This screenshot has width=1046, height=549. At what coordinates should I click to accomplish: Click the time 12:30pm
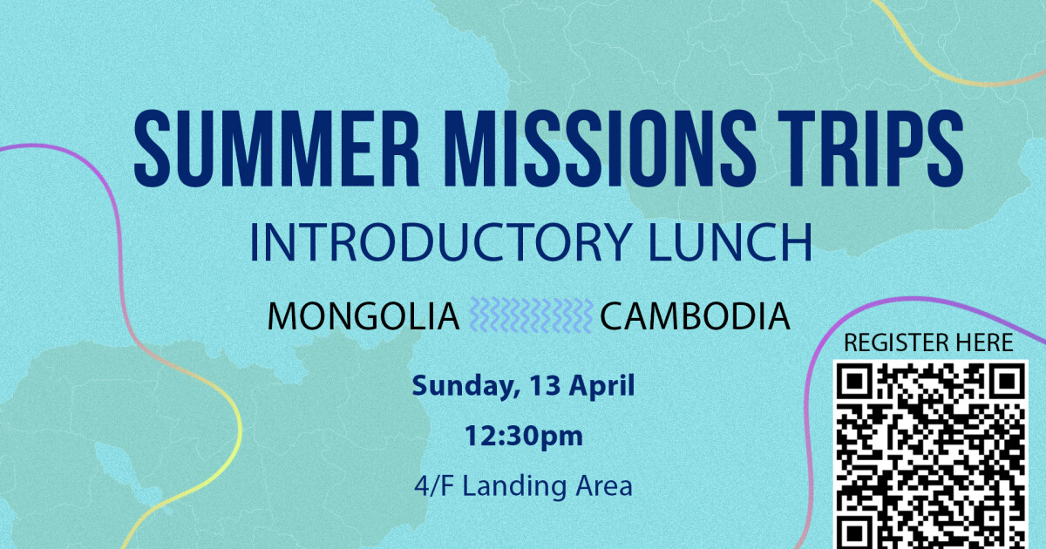[523, 436]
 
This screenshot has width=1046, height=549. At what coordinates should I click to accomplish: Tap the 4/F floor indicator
[434, 486]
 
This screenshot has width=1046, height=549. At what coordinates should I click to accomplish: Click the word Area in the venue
[602, 486]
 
